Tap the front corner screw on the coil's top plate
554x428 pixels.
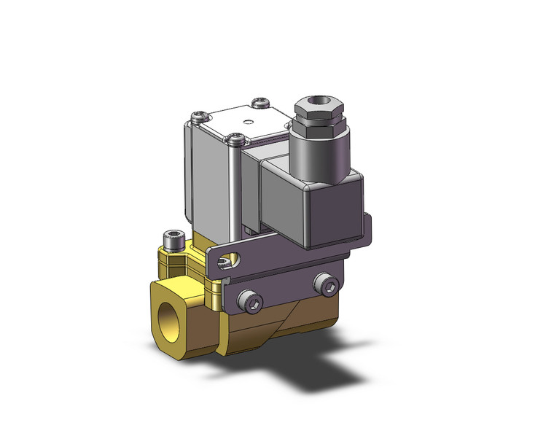233,137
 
